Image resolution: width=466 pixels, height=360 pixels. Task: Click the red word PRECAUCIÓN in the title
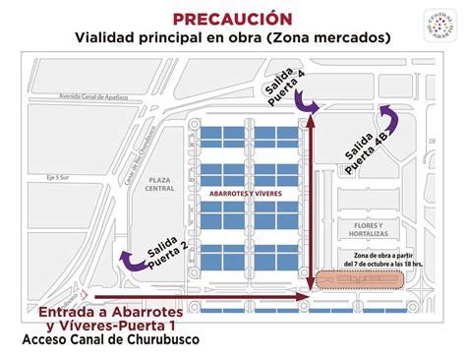(232, 18)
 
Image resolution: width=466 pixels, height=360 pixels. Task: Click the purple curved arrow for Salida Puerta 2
(128, 260)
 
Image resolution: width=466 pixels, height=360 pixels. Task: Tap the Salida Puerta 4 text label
(284, 88)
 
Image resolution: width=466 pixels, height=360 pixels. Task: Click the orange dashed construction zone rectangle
(358, 280)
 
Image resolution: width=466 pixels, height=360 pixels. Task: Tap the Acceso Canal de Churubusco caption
(109, 340)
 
